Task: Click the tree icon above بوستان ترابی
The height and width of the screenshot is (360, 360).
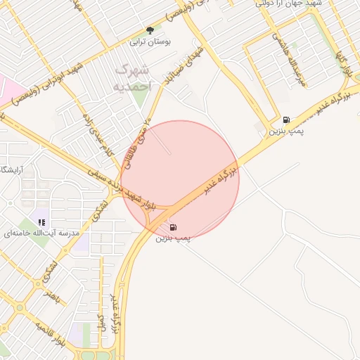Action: (x=149, y=30)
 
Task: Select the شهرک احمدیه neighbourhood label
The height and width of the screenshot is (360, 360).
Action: (x=131, y=77)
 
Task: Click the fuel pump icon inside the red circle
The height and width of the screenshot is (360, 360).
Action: (x=173, y=227)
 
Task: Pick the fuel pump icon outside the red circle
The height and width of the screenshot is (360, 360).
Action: (x=287, y=120)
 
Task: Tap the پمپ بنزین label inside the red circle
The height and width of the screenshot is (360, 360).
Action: (x=173, y=239)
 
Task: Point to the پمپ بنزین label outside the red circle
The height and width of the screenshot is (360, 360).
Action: (x=288, y=131)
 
